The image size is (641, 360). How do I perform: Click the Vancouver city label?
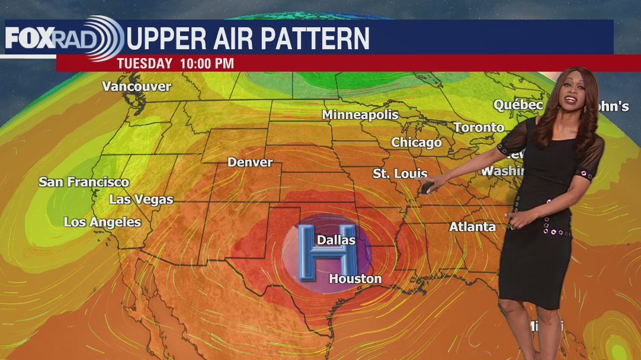pyautogui.click(x=136, y=86)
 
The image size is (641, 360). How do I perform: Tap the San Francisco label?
pyautogui.click(x=84, y=182)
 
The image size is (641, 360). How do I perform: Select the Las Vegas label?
pyautogui.click(x=141, y=200)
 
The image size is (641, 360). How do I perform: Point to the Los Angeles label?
pyautogui.click(x=102, y=223)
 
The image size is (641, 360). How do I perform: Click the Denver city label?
pyautogui.click(x=250, y=162)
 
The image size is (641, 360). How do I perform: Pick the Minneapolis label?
pyautogui.click(x=360, y=115)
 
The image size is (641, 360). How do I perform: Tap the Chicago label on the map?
pyautogui.click(x=416, y=143)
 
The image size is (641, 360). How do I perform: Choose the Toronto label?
pyautogui.click(x=479, y=127)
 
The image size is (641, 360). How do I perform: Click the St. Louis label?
pyautogui.click(x=400, y=173)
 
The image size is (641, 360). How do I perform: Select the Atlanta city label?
pyautogui.click(x=472, y=227)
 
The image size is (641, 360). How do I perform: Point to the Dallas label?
pyautogui.click(x=336, y=240)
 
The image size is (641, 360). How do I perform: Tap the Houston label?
pyautogui.click(x=355, y=278)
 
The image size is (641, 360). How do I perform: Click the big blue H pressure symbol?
pyautogui.click(x=327, y=252)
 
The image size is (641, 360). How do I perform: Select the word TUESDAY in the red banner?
pyautogui.click(x=145, y=63)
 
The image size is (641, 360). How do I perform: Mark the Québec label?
pyautogui.click(x=518, y=105)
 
